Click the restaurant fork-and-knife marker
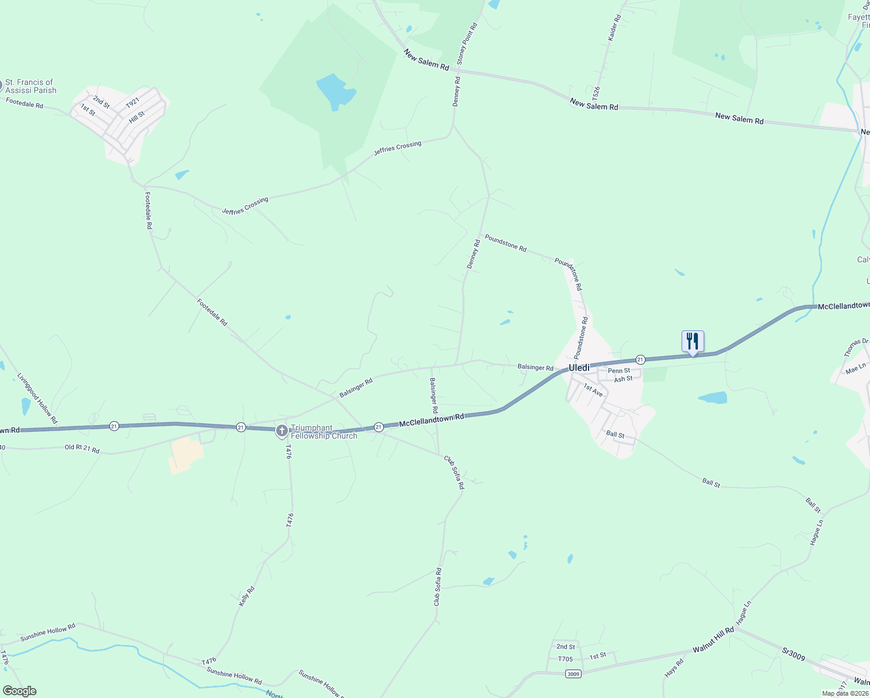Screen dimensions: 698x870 (693, 341)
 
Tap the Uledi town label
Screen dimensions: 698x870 (579, 368)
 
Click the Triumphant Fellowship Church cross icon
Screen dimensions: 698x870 (281, 431)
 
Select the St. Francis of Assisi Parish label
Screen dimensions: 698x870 (31, 86)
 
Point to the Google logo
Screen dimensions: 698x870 (19, 691)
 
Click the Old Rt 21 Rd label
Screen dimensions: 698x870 (82, 449)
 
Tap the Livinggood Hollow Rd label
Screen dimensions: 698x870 (38, 398)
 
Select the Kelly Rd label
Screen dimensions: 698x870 (247, 597)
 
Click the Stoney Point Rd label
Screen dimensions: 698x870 (467, 44)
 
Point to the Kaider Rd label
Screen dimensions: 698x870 (615, 27)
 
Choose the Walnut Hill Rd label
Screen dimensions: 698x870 (713, 640)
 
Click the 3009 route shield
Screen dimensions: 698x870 (573, 674)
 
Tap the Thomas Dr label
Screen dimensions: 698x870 (856, 347)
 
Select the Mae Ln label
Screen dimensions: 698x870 (855, 369)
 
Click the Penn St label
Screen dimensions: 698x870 (619, 371)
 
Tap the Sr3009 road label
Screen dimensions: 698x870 (793, 654)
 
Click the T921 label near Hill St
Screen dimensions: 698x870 (133, 102)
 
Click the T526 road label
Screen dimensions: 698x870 (596, 92)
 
